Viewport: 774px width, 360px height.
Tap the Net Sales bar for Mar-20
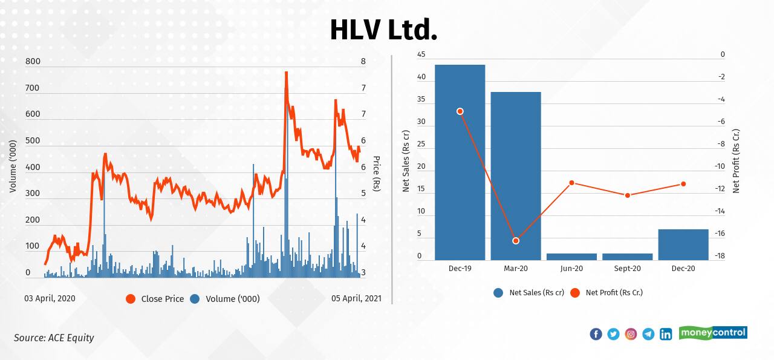tap(515, 175)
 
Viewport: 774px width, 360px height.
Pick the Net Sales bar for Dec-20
tap(683, 244)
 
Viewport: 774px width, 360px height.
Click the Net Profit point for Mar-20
tap(516, 241)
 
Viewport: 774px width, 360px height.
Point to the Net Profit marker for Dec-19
tap(460, 111)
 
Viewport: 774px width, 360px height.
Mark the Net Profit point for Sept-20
tap(627, 195)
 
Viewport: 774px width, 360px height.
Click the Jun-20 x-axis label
tap(571, 269)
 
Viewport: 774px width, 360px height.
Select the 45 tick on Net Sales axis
tap(421, 55)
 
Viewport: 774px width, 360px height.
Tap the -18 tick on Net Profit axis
tap(720, 257)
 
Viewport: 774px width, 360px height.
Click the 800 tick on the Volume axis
tap(33, 61)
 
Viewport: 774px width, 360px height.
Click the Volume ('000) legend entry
tap(225, 299)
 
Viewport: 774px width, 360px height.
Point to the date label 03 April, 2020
tap(50, 298)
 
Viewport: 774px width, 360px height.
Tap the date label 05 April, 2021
tap(356, 298)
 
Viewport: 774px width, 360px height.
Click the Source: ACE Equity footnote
tap(54, 338)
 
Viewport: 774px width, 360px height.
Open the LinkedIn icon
tap(666, 334)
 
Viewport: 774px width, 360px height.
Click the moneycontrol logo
tap(713, 333)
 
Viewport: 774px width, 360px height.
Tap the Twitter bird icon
tap(613, 334)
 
